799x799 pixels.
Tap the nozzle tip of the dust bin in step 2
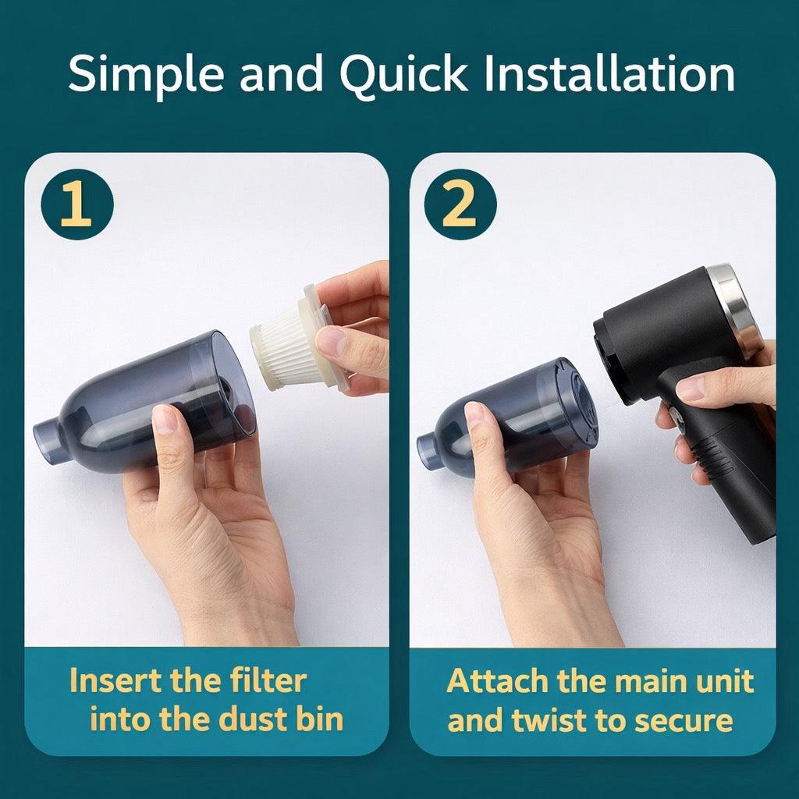coord(428,451)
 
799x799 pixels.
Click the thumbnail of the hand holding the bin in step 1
coord(165,419)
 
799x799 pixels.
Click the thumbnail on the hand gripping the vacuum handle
coord(690,388)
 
